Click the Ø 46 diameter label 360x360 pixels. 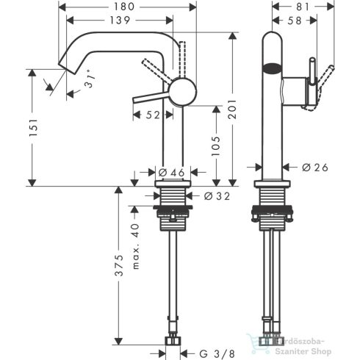click(172, 172)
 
